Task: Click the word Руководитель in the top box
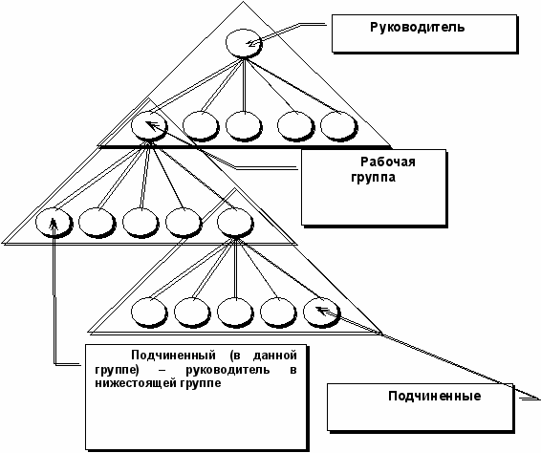coord(417,28)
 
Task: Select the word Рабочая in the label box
coord(388,162)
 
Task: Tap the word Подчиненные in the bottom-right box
coord(434,396)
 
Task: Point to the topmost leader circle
coord(243,43)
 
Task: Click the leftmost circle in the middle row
coord(54,222)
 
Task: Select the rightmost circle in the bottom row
coord(321,313)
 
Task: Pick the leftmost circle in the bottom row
coord(149,313)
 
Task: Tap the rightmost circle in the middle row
coord(235,222)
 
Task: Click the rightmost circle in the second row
coord(338,126)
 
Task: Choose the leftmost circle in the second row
coord(149,126)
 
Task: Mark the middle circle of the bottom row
coord(235,313)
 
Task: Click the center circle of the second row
coord(244,126)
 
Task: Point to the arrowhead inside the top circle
coord(250,43)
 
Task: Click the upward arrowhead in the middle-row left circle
coord(54,224)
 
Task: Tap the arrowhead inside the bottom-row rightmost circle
coord(320,310)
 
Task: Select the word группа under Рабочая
coord(374,178)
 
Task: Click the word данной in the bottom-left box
coord(275,355)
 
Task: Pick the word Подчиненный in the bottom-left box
coord(174,355)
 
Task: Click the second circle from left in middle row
coord(97,222)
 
